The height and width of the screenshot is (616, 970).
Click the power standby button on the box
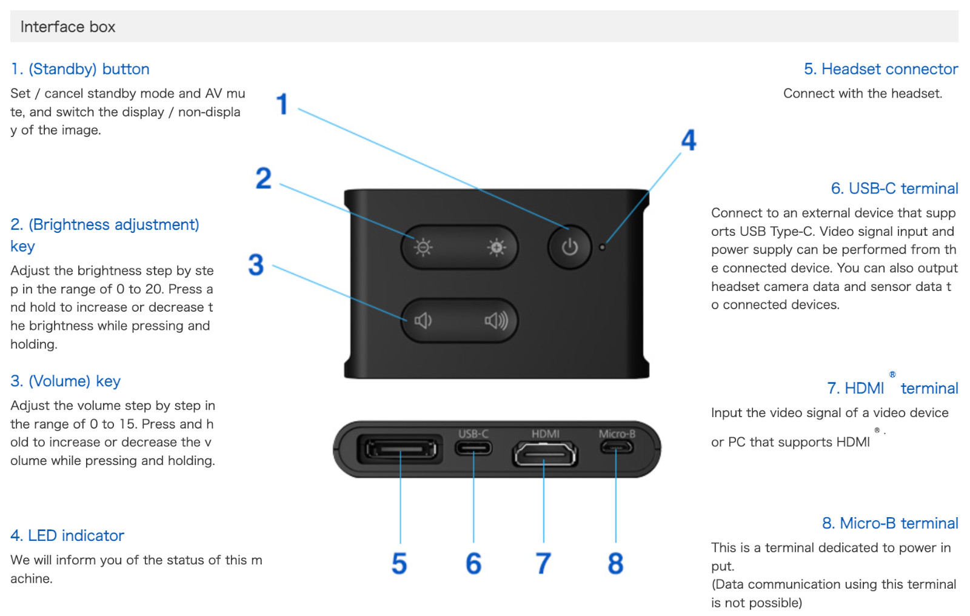pos(569,247)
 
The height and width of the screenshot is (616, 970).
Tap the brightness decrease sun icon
pos(423,247)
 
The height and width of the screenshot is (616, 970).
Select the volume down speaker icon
pos(423,320)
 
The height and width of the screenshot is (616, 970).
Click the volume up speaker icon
pos(497,320)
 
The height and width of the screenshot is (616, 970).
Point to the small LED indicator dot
pos(602,247)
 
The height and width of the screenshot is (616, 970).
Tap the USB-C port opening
pos(473,449)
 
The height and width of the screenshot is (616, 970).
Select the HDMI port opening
pos(544,453)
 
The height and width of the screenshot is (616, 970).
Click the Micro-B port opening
pos(617,448)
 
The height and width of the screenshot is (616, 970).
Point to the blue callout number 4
pos(689,140)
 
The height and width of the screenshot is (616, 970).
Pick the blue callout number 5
pos(399,563)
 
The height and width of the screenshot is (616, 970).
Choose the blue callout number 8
pos(615,563)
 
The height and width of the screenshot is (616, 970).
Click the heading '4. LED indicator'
pos(67,535)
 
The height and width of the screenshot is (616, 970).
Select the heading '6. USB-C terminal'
pos(894,189)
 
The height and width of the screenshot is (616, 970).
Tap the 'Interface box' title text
pos(68,27)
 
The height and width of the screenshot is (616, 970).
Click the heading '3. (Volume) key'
pos(65,381)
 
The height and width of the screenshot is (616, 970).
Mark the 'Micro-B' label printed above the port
pos(617,434)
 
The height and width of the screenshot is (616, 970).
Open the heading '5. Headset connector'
pos(880,69)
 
